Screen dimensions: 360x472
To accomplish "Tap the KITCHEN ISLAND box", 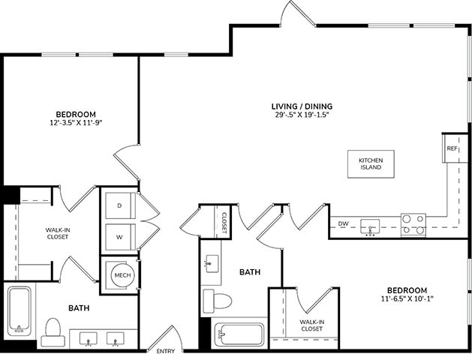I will [x=370, y=163].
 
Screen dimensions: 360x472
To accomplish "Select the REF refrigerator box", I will [x=452, y=148].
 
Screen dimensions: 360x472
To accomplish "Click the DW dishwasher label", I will [x=343, y=223].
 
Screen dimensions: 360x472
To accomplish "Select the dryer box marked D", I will [x=119, y=205].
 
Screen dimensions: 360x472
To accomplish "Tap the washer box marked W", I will [x=119, y=236].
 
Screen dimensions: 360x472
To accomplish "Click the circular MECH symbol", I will [x=122, y=275].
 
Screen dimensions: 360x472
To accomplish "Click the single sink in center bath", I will [x=212, y=262].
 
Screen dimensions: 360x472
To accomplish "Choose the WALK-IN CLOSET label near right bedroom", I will [x=311, y=325].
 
